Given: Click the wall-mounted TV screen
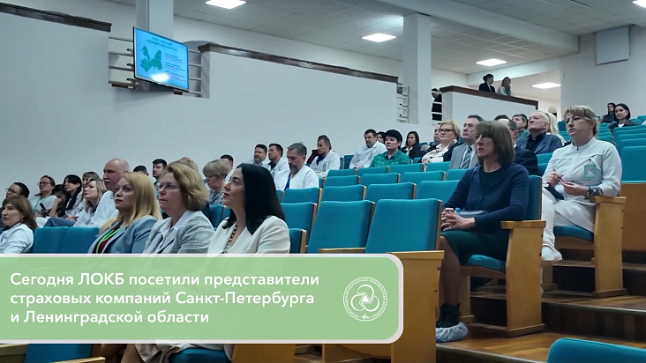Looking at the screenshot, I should [x=161, y=58].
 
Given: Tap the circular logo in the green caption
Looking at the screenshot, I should [x=364, y=299].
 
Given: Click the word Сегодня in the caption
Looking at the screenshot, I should [x=39, y=279].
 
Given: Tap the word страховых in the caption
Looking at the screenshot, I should [x=45, y=298].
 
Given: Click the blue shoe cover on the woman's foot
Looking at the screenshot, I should [x=451, y=330].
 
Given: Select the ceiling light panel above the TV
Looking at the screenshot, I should [x=226, y=4].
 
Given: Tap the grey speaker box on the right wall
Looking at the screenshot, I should [x=612, y=45].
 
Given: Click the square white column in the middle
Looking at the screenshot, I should [x=417, y=75].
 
